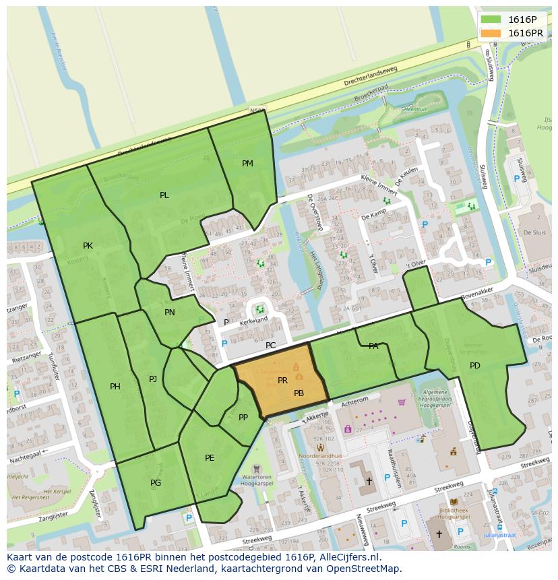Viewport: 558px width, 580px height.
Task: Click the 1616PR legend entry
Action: coord(525,33)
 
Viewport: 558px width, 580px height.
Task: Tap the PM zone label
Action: coord(247,164)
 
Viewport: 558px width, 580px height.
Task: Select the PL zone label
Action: coord(164,195)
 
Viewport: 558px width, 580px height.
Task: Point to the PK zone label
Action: coord(88,246)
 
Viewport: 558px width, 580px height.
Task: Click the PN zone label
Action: coord(169,313)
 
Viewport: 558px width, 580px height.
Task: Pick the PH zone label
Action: coord(115,387)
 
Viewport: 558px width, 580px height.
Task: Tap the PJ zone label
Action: coord(153,379)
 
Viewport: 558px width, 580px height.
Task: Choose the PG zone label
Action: coord(156,483)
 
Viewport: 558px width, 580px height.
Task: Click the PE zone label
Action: coord(210,458)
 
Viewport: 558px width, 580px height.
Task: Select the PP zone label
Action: coord(243,418)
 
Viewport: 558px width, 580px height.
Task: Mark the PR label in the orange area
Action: coord(283,381)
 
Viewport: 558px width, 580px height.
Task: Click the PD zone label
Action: coord(475,366)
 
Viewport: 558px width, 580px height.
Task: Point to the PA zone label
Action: coord(373,346)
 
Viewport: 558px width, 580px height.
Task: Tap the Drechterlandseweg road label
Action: coord(371,76)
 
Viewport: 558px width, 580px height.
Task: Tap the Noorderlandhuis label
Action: coord(321,455)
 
